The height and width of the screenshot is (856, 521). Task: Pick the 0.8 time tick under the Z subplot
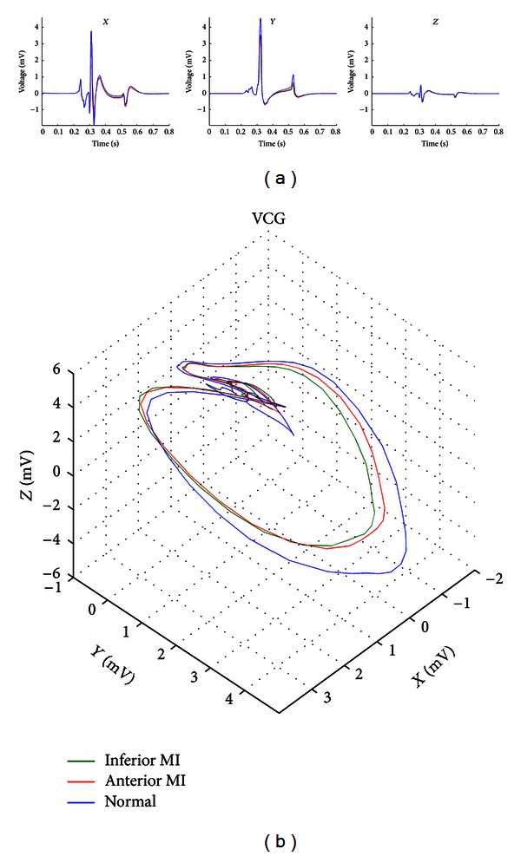(498, 134)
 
